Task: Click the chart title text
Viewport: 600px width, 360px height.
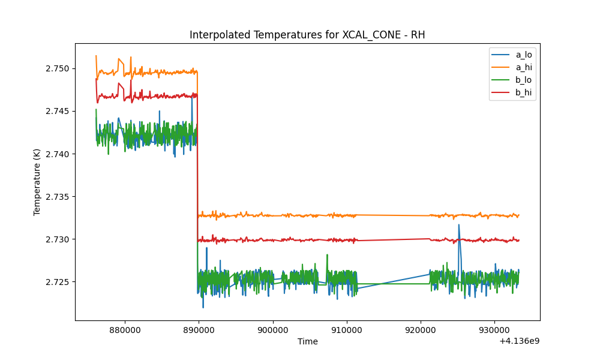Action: point(307,35)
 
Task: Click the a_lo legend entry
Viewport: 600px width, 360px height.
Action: point(512,55)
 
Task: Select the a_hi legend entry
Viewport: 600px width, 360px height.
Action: point(512,67)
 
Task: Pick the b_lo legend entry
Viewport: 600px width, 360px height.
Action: point(512,80)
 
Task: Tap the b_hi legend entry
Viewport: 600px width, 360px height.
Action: point(512,92)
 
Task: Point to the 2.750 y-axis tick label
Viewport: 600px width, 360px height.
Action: point(58,69)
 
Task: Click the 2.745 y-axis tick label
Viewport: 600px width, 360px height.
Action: point(58,112)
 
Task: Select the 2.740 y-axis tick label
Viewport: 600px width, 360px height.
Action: point(58,154)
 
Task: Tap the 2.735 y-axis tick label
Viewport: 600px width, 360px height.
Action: point(58,197)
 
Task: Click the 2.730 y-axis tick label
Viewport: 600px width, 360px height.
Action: point(58,239)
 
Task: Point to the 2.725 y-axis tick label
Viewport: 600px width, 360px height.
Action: point(58,283)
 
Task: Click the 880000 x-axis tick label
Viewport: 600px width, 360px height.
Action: point(125,330)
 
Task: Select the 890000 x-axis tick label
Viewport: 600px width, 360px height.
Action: point(199,330)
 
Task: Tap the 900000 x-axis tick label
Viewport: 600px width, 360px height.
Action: point(273,330)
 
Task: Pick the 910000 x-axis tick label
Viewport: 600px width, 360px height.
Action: point(347,330)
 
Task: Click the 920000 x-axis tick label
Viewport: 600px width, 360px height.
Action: point(421,330)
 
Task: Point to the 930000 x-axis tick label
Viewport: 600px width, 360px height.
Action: point(494,330)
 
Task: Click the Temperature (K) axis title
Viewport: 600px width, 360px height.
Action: point(37,182)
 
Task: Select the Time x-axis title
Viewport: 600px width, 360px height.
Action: point(308,341)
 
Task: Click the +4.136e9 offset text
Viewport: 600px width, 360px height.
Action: point(519,341)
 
